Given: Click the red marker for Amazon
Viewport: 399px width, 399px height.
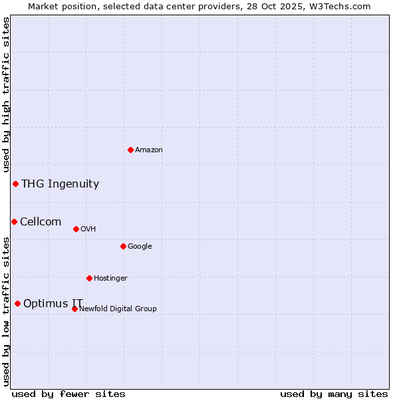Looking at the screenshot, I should coord(130,150).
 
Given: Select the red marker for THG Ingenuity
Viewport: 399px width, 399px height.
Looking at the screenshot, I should coord(15,184).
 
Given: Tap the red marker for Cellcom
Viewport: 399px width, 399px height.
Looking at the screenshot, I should coord(14,221).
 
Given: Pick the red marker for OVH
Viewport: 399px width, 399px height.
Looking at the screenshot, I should coord(76,229).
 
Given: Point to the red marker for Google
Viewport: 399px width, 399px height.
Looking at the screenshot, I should coord(123,246).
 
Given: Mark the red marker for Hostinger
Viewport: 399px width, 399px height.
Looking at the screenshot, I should coord(89,278).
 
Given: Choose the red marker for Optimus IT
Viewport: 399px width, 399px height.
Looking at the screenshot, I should coord(17,303).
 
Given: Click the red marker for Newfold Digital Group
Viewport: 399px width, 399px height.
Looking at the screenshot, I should coord(74,309).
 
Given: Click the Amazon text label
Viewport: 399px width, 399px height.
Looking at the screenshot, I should coord(149,150).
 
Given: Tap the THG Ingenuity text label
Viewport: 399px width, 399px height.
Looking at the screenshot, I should coord(60,184).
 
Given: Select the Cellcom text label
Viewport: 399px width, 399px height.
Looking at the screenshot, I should coord(41,221).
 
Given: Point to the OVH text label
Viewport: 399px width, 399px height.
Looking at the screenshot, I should coord(88,229).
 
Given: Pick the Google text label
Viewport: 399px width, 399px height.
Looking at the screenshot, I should coord(140,246).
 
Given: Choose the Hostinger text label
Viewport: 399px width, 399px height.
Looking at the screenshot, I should coord(110,278).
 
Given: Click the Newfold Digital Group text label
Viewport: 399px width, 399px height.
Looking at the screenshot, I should coord(118,309).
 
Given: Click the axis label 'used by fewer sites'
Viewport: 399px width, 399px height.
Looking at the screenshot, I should coord(68,394).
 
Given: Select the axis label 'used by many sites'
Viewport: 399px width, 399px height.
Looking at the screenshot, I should coord(334,394).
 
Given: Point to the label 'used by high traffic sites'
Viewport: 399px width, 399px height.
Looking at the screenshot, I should coord(6,95).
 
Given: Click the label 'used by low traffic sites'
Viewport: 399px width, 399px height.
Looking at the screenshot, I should coord(6,311).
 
